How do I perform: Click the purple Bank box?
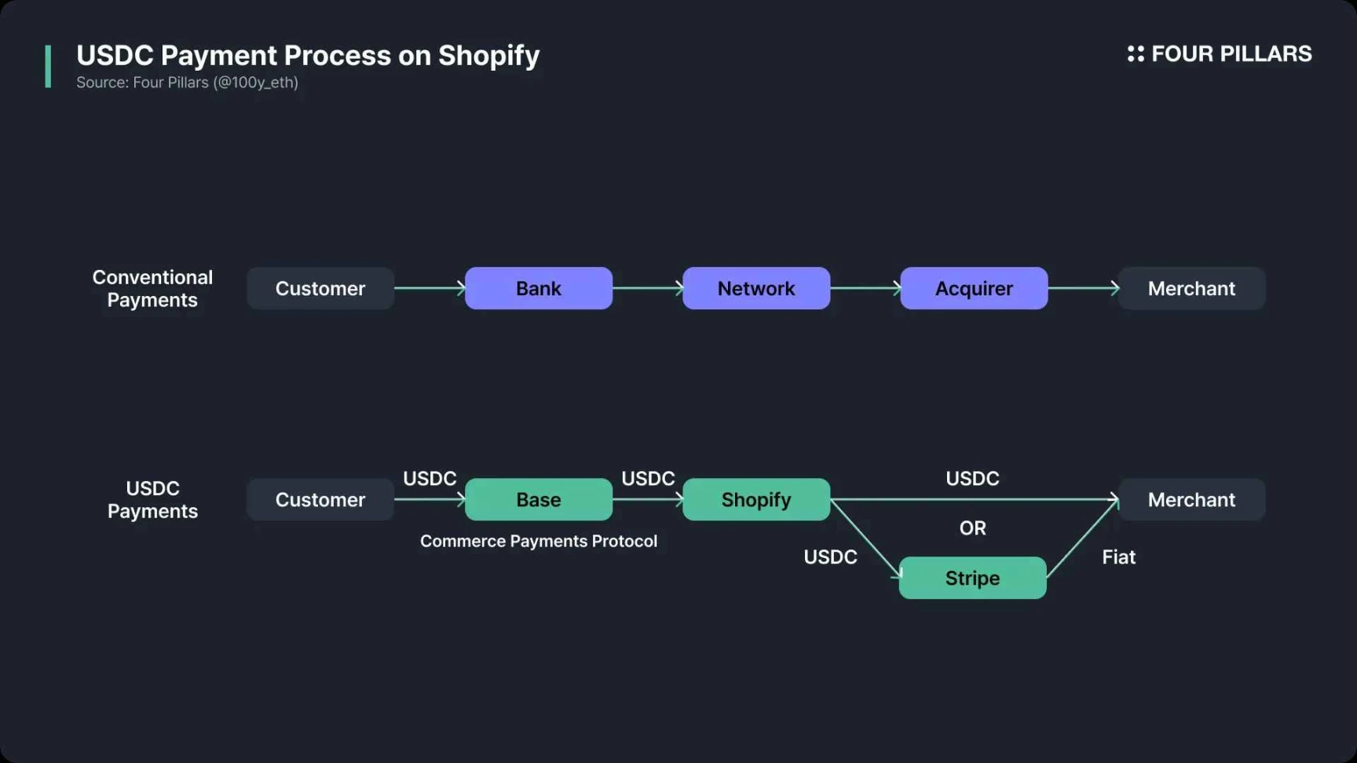pyautogui.click(x=538, y=288)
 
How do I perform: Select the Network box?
pyautogui.click(x=755, y=288)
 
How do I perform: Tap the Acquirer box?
pyautogui.click(x=973, y=288)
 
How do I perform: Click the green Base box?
pyautogui.click(x=538, y=499)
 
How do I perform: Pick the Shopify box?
pyautogui.click(x=755, y=499)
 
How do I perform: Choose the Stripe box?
pyautogui.click(x=972, y=578)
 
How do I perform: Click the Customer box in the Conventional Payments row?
pyautogui.click(x=320, y=288)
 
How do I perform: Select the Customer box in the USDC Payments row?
pyautogui.click(x=320, y=499)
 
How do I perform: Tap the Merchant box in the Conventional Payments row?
pyautogui.click(x=1191, y=288)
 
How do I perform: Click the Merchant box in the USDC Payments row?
pyautogui.click(x=1191, y=499)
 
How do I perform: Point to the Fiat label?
pyautogui.click(x=1118, y=557)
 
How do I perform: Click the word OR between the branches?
pyautogui.click(x=972, y=528)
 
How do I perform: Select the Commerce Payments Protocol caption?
pyautogui.click(x=538, y=541)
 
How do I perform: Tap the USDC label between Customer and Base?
pyautogui.click(x=430, y=479)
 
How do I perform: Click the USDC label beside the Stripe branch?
pyautogui.click(x=830, y=557)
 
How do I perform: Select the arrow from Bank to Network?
pyautogui.click(x=647, y=288)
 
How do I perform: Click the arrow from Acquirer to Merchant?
pyautogui.click(x=1083, y=288)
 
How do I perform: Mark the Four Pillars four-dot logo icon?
pyautogui.click(x=1136, y=53)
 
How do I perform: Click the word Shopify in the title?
pyautogui.click(x=488, y=56)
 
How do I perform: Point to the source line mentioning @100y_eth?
pyautogui.click(x=187, y=82)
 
